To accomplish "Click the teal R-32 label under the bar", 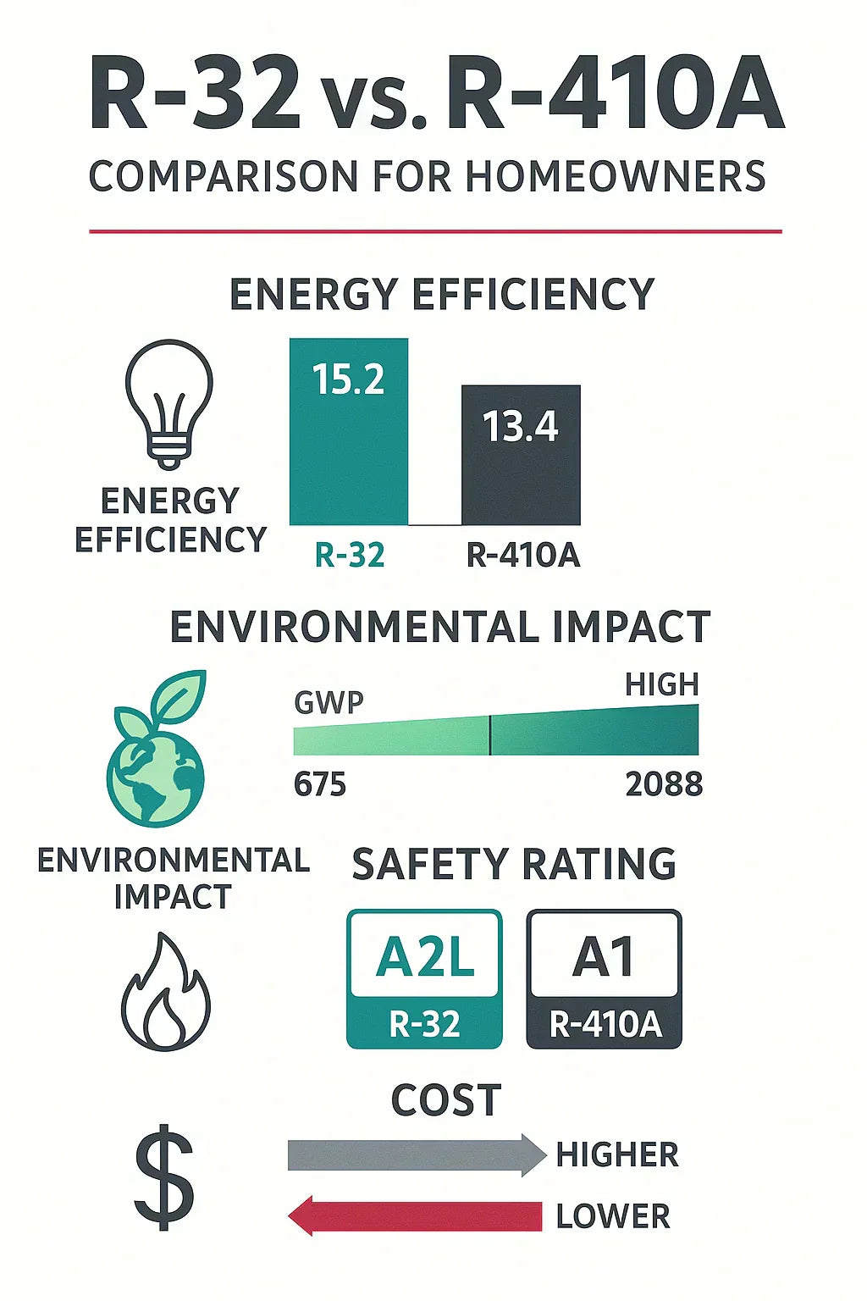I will (350, 555).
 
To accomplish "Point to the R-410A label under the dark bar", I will (523, 555).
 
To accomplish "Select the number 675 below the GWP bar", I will (320, 784).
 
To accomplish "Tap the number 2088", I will (664, 784).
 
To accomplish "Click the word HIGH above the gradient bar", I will (661, 684).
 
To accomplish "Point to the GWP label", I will (329, 702).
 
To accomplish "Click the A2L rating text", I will (424, 957).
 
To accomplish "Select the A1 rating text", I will (604, 957).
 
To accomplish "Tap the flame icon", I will (165, 993).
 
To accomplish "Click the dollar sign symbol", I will (165, 1177).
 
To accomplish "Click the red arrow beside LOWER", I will (415, 1216).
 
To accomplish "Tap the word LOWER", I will (613, 1216).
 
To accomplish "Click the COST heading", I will (446, 1100).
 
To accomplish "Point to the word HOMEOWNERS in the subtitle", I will (616, 177).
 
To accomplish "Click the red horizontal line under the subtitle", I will (435, 230).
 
